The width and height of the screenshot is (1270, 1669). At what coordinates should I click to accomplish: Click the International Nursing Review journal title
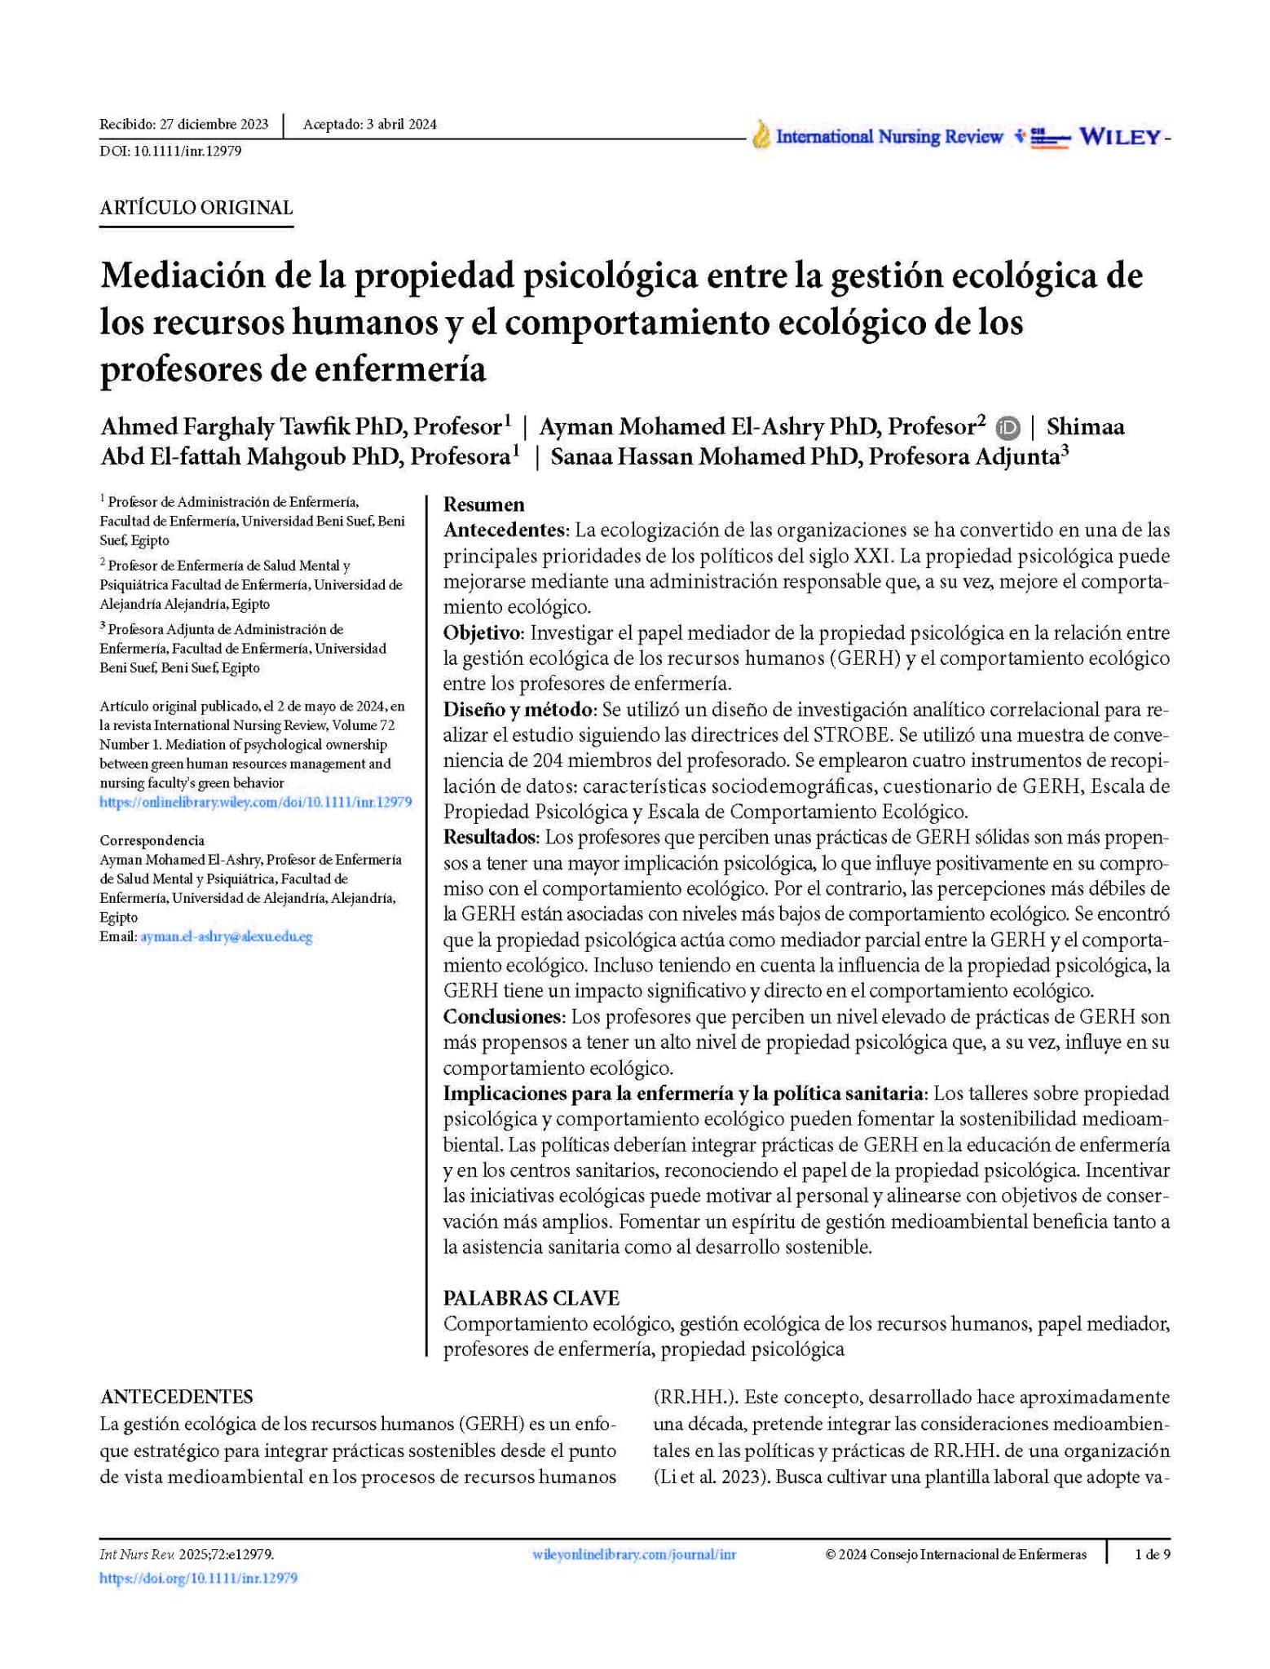889,137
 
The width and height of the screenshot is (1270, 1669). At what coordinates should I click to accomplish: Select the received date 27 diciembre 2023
214,125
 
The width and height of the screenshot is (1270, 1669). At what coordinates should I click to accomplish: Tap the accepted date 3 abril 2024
401,125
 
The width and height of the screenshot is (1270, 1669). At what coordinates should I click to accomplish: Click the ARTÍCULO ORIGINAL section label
196,208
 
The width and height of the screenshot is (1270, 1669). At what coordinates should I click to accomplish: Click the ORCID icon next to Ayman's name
1008,427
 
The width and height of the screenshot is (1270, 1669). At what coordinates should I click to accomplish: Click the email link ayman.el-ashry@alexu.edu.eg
226,937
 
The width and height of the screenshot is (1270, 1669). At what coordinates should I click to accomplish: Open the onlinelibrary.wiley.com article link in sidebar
255,802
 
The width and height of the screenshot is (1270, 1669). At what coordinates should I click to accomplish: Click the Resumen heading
483,504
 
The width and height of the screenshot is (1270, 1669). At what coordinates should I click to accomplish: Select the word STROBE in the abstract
852,735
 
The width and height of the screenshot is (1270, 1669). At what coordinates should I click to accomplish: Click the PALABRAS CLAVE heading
531,1297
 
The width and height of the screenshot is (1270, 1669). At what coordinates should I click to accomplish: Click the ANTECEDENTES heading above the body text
176,1397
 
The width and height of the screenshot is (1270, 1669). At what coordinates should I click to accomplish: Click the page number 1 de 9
1152,1554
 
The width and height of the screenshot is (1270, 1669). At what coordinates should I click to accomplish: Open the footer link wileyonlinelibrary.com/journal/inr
633,1554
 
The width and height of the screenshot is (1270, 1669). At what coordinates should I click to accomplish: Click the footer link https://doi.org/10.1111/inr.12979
198,1578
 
